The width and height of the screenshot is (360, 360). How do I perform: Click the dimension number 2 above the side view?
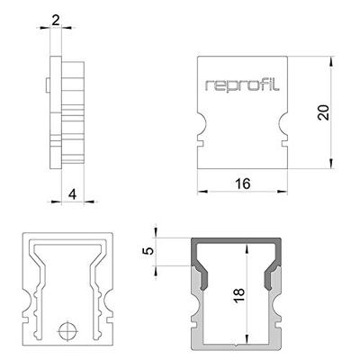(x=56, y=19)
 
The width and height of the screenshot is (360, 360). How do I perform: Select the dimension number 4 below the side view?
(x=56, y=192)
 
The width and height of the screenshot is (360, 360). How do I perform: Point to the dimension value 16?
(x=242, y=184)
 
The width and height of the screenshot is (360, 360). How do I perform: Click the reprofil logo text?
(x=242, y=86)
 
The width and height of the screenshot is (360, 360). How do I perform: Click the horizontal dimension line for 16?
(x=242, y=191)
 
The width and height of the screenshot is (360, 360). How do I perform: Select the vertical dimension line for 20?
(x=332, y=112)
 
